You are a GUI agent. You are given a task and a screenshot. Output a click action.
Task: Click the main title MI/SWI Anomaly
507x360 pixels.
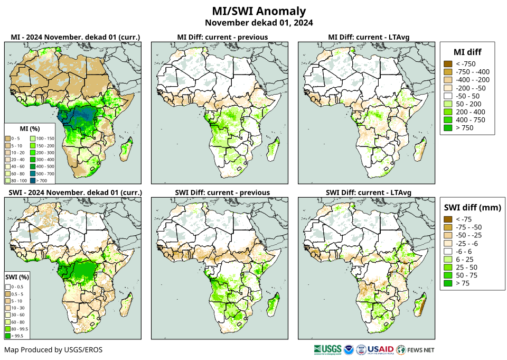258,11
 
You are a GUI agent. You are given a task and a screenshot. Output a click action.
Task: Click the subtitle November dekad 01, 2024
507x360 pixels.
258,23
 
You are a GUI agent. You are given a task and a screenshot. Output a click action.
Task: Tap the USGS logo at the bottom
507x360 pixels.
327,349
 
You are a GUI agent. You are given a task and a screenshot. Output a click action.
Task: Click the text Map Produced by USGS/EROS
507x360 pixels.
53,350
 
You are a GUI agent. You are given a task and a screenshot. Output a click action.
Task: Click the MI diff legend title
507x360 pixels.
467,52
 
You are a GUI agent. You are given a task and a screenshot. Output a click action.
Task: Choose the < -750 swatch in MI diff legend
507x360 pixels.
447,64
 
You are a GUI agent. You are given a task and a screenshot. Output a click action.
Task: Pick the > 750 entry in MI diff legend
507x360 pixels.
447,127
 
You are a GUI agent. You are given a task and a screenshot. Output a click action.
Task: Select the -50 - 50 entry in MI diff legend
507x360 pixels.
447,96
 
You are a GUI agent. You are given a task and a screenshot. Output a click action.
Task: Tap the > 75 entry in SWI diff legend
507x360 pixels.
447,283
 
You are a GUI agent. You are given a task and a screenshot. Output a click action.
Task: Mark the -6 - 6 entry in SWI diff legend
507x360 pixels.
447,251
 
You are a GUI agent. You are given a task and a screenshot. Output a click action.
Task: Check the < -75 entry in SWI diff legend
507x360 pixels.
447,219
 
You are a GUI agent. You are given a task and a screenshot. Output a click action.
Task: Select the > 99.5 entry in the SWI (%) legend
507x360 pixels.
8,335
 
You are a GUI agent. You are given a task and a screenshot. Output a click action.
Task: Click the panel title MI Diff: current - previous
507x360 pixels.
222,37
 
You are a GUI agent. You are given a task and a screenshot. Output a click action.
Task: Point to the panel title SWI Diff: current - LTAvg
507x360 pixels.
369,192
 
